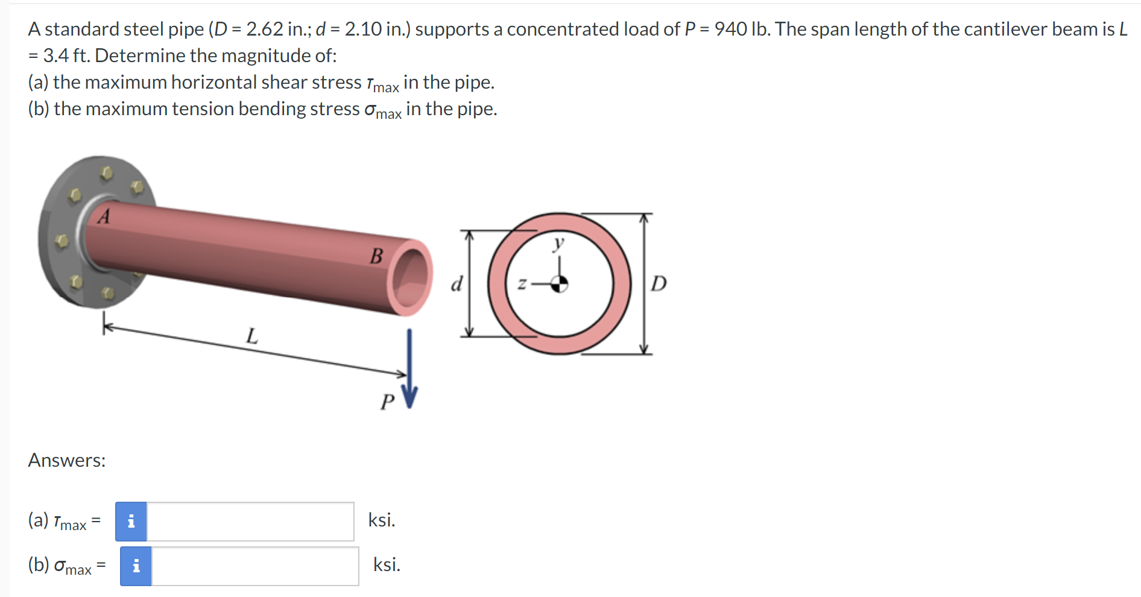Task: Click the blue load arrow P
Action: coord(409,368)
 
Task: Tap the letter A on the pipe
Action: coord(104,216)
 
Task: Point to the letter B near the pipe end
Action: coord(376,256)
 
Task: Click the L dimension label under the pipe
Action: coord(252,335)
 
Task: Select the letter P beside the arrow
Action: coord(387,402)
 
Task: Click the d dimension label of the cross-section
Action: coord(457,283)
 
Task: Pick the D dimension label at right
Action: coord(659,283)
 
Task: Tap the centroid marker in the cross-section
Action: coord(560,283)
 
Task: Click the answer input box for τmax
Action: coord(250,522)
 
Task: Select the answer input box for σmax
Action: coord(255,566)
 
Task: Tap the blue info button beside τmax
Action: coord(131,522)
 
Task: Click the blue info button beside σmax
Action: coord(136,566)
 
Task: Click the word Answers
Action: coord(66,461)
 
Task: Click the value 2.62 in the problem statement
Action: coord(264,29)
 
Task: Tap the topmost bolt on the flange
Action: coord(107,174)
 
